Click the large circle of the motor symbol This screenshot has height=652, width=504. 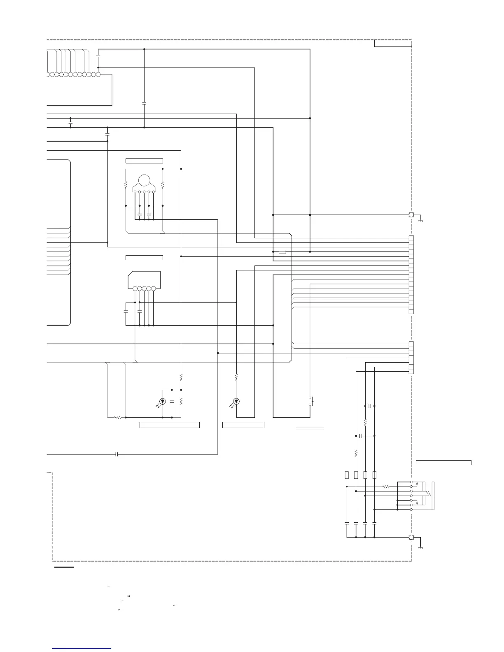click(x=144, y=181)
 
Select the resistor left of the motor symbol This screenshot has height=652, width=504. click(x=126, y=186)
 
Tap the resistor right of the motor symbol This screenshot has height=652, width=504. click(x=163, y=186)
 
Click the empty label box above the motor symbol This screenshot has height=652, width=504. click(x=144, y=161)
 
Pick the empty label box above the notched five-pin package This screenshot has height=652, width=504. click(x=144, y=258)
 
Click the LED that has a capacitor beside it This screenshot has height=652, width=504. click(x=163, y=401)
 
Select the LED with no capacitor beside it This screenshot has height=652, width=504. click(x=236, y=401)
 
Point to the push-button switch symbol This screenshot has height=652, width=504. click(x=310, y=402)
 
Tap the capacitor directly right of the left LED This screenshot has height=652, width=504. click(x=172, y=401)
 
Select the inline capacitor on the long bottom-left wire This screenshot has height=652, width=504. click(x=117, y=454)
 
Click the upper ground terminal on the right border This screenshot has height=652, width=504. click(x=411, y=215)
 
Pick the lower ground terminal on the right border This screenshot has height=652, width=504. click(x=411, y=537)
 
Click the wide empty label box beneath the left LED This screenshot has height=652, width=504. click(x=170, y=425)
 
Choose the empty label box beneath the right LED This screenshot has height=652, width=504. click(x=243, y=425)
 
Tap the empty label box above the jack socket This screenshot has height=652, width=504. click(x=443, y=462)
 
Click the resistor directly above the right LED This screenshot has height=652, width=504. click(x=236, y=377)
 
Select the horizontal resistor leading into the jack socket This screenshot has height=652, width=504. click(x=385, y=487)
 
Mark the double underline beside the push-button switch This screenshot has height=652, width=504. click(x=310, y=428)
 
